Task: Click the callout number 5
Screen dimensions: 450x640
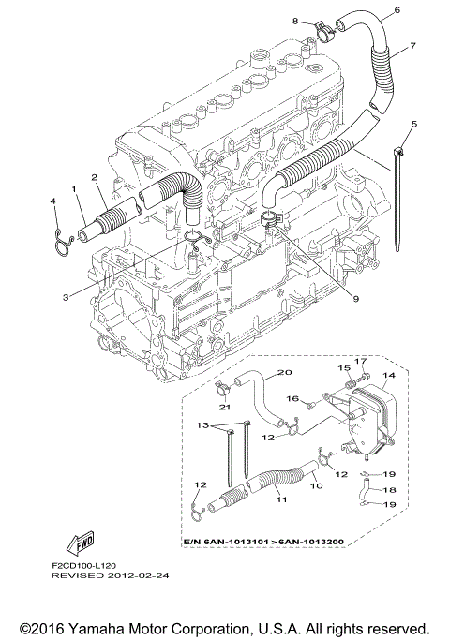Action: (414, 124)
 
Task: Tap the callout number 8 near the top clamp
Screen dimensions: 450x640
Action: (295, 21)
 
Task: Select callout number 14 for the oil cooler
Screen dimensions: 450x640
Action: (389, 375)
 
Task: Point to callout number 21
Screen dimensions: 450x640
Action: (225, 407)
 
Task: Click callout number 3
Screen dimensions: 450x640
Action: (66, 297)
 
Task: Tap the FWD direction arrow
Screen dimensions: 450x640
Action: (80, 543)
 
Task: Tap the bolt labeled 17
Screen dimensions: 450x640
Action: (365, 377)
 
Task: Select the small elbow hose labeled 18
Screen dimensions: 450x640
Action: (365, 489)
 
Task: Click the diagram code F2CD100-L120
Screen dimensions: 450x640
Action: (83, 566)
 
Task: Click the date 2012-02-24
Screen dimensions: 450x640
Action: (139, 575)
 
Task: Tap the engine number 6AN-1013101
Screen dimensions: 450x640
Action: (236, 542)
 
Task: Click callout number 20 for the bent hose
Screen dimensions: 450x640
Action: (285, 372)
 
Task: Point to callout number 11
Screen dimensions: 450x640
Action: (282, 499)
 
